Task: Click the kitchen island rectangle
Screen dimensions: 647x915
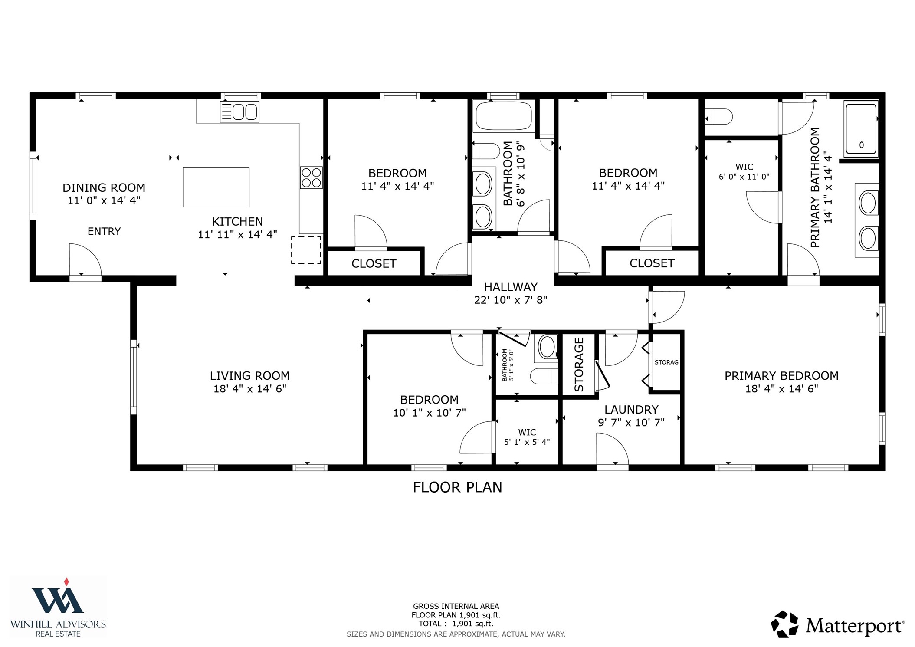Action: coord(216,187)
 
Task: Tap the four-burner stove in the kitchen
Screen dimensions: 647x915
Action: coord(311,177)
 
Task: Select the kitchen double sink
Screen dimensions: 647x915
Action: coord(239,112)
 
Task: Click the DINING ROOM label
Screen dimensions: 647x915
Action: coord(104,188)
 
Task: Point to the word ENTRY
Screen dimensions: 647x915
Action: coord(104,232)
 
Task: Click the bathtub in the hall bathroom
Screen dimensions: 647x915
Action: coord(503,116)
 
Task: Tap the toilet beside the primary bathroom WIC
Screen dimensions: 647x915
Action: coord(720,117)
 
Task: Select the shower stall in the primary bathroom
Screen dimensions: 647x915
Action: coord(861,129)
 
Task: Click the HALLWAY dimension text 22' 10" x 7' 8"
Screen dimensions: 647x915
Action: coord(510,300)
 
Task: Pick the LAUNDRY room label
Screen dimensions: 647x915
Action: coord(631,410)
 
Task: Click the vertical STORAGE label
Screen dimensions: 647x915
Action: coord(579,365)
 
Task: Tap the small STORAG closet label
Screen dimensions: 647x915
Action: coord(666,362)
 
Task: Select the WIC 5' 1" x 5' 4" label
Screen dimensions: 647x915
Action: coord(527,437)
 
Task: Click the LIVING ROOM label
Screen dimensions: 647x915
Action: coord(249,376)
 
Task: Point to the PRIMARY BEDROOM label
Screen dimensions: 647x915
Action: coord(781,376)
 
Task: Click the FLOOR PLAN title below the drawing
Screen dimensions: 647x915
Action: coord(457,487)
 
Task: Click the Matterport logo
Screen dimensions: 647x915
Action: coord(837,625)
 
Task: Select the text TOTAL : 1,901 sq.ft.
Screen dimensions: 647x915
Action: coord(456,624)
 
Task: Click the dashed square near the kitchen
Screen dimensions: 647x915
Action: coord(306,250)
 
